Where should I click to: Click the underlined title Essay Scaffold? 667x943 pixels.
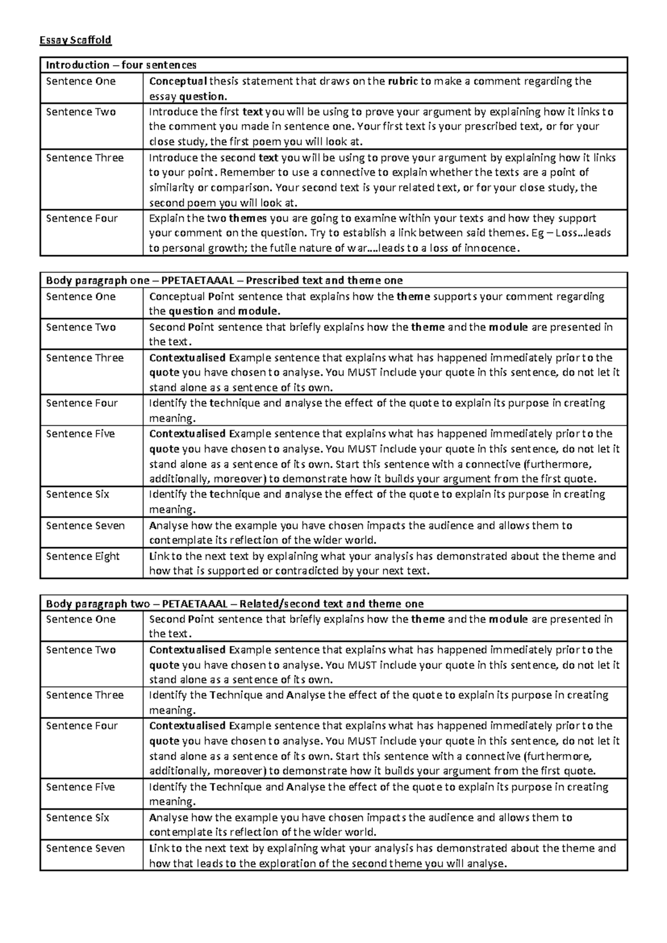click(75, 40)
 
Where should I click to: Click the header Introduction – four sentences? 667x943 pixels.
click(121, 65)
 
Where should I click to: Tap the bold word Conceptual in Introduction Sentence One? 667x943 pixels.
click(178, 81)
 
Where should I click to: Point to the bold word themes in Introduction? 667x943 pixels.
click(247, 219)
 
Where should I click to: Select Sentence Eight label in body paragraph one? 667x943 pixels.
click(83, 556)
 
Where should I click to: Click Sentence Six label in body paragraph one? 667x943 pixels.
click(77, 494)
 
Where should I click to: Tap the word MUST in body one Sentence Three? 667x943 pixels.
click(361, 373)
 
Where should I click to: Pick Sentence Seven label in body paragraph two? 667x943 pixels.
click(85, 848)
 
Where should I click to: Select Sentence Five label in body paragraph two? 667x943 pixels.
click(80, 787)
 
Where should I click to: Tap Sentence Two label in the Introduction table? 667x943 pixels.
click(81, 112)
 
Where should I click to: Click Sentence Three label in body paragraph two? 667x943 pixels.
click(84, 695)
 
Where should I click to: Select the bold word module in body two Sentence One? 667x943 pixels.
click(508, 619)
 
